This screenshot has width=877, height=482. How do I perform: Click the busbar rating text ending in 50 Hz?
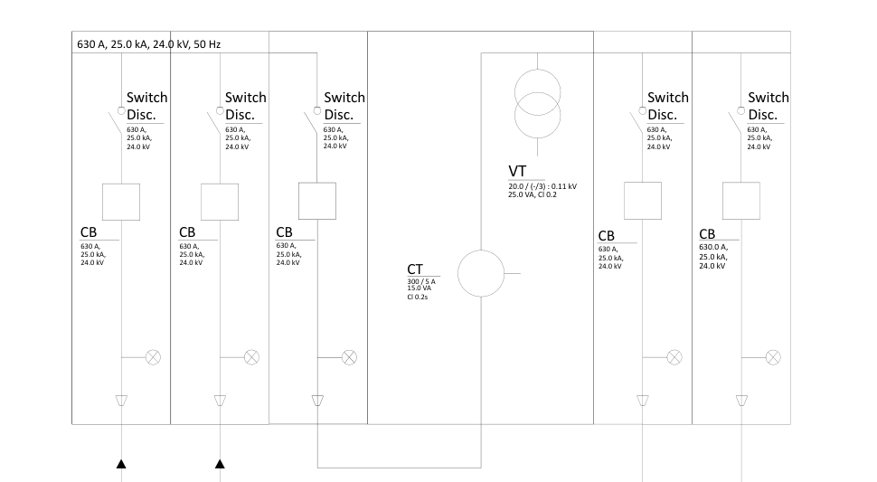pyautogui.click(x=149, y=44)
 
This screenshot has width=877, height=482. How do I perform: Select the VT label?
pyautogui.click(x=517, y=171)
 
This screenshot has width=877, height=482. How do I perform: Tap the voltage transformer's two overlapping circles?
pyautogui.click(x=537, y=104)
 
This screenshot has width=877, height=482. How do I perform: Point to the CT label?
pyautogui.click(x=415, y=269)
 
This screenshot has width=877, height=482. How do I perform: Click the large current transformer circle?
pyautogui.click(x=481, y=250)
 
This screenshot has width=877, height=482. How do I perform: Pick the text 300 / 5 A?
pyautogui.click(x=421, y=281)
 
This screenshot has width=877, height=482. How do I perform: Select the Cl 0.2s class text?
pyautogui.click(x=417, y=297)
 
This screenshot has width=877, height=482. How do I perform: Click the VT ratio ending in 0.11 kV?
pyautogui.click(x=542, y=186)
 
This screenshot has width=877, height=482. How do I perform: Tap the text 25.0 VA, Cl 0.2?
pyautogui.click(x=533, y=194)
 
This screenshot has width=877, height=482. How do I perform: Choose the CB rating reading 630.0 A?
pyautogui.click(x=713, y=247)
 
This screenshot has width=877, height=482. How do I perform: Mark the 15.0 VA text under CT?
pyautogui.click(x=419, y=288)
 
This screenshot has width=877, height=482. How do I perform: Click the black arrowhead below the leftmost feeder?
pyautogui.click(x=121, y=464)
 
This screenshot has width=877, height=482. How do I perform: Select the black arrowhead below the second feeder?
pyautogui.click(x=220, y=464)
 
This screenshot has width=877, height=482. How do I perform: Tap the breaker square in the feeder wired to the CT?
pyautogui.click(x=317, y=201)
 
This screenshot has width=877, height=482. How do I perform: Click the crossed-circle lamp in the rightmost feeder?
pyautogui.click(x=773, y=357)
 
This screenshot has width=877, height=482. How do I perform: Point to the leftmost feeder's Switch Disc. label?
pyautogui.click(x=146, y=106)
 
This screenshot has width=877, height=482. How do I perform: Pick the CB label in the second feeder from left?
pyautogui.click(x=187, y=232)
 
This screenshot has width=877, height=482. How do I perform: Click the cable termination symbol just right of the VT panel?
pyautogui.click(x=643, y=401)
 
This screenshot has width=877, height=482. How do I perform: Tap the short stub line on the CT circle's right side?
pyautogui.click(x=513, y=273)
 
